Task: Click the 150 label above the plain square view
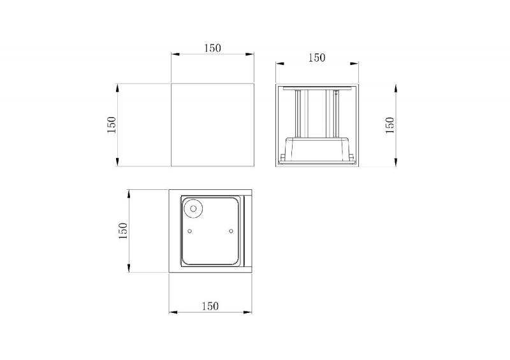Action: pyautogui.click(x=212, y=48)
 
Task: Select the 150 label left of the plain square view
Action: pyautogui.click(x=112, y=124)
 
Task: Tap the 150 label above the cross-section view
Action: pyautogui.click(x=316, y=58)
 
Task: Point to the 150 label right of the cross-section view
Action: pyautogui.click(x=390, y=125)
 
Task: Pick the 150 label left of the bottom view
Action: pyautogui.click(x=123, y=231)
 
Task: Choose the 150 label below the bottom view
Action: pyautogui.click(x=210, y=306)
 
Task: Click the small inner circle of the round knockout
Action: pyautogui.click(x=193, y=208)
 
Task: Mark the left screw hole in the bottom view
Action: pyautogui.click(x=190, y=231)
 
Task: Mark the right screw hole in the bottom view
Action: pyautogui.click(x=231, y=231)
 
